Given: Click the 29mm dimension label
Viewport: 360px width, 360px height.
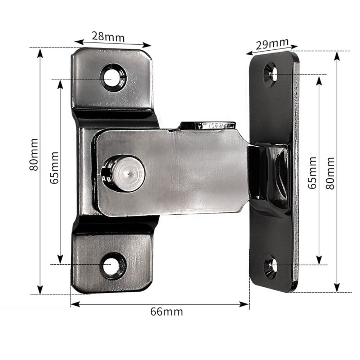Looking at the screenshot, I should (272, 44).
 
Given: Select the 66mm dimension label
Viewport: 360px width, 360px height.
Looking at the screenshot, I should (166, 311).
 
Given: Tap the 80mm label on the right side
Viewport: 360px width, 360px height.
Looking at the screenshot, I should (330, 173).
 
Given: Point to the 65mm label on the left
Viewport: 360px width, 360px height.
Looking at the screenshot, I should (54, 168).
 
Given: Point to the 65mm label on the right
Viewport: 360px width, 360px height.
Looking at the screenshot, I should (312, 173).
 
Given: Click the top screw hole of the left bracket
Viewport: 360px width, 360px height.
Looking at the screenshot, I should (113, 77).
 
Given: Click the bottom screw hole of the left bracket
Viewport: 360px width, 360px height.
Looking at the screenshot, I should (113, 265).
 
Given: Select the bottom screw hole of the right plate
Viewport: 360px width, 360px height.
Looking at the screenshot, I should (271, 266).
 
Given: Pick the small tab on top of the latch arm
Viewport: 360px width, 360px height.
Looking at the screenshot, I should (208, 126).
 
